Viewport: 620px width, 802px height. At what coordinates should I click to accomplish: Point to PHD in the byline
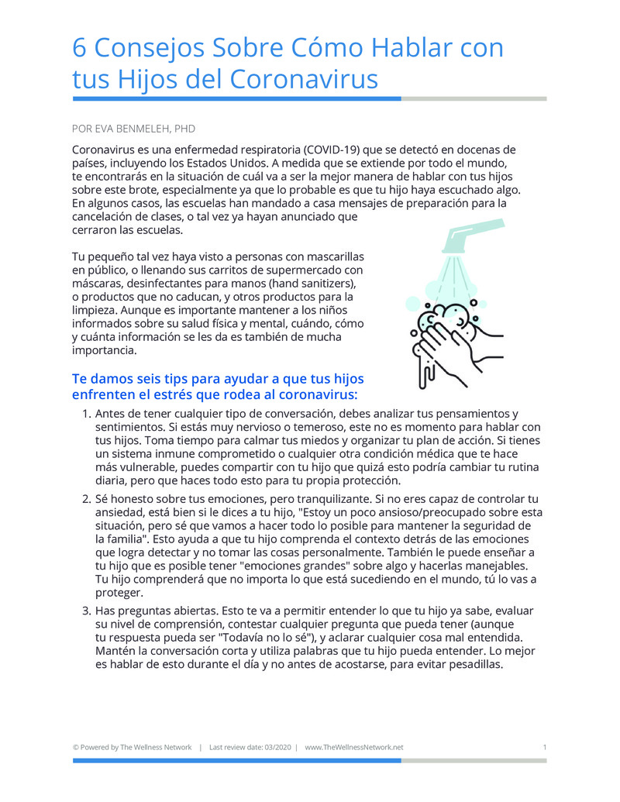184,129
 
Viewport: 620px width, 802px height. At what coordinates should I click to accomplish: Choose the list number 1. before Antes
87,415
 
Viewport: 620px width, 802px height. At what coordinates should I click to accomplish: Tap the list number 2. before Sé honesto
87,499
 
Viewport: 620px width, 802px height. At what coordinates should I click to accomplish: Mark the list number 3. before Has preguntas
87,611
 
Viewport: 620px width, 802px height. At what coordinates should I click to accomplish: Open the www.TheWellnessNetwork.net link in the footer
354,748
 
